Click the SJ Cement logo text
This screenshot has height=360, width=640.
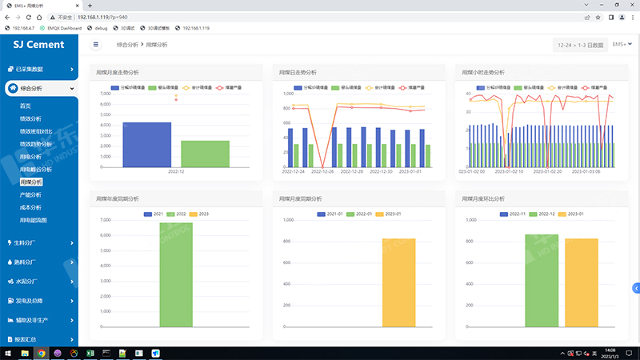(x=39, y=45)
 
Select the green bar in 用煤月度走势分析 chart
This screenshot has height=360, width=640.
(x=205, y=154)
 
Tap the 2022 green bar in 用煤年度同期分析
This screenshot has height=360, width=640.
(x=175, y=274)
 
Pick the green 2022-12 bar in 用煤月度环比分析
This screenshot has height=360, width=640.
(x=541, y=280)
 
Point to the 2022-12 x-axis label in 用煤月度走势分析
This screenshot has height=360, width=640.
(x=175, y=171)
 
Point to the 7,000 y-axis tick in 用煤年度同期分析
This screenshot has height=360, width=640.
(x=106, y=220)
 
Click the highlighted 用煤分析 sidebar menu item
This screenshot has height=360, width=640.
(x=31, y=182)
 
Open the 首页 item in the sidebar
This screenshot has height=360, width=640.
(x=26, y=106)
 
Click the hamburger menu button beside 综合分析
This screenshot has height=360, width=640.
(x=97, y=46)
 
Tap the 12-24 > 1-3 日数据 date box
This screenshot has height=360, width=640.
(x=580, y=46)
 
